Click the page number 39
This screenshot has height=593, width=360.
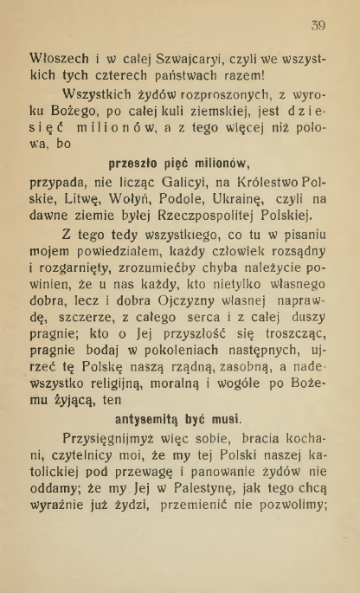[317, 25]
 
